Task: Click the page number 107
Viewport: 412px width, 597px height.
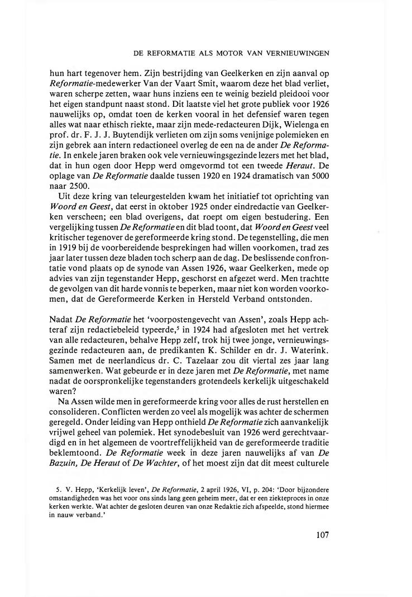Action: tap(322, 534)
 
